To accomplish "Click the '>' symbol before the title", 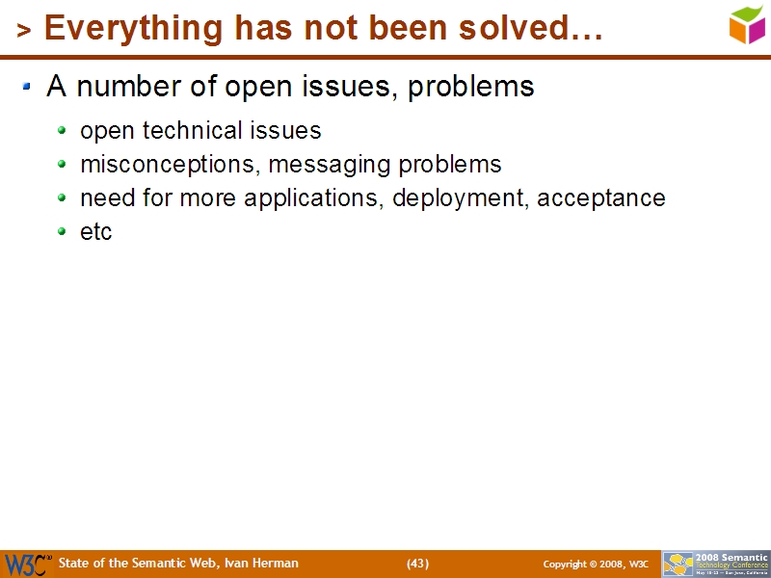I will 24,31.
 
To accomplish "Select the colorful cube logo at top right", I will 746,24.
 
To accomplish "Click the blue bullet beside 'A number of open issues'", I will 28,88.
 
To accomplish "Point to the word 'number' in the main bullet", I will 122,88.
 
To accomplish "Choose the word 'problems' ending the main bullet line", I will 471,88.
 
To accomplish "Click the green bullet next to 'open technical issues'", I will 63,130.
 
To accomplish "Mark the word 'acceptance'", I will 601,198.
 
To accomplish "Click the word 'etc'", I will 96,232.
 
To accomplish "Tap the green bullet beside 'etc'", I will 63,232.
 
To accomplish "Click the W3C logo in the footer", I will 27,564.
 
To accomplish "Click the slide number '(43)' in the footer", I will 417,564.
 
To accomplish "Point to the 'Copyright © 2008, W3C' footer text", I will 596,565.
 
